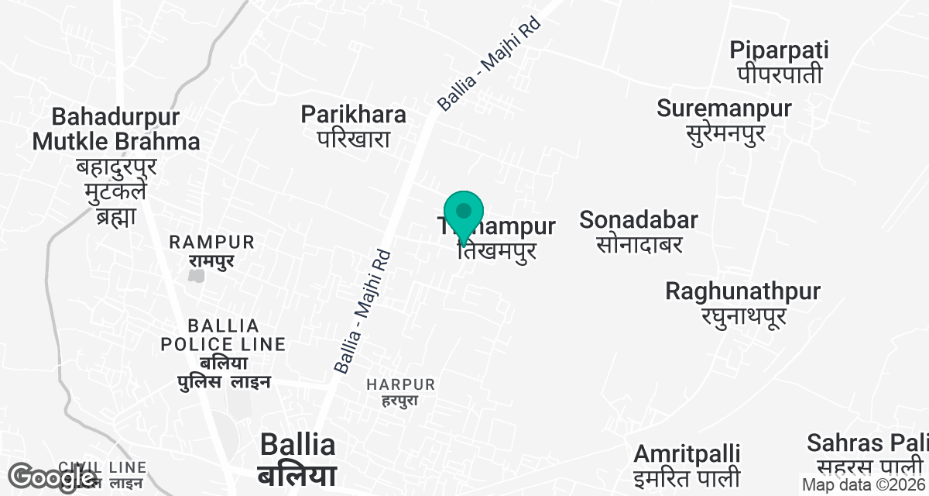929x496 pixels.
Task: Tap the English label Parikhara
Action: point(353,115)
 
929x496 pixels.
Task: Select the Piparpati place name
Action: point(779,50)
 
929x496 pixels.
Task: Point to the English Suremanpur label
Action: point(724,108)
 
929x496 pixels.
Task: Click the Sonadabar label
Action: point(639,220)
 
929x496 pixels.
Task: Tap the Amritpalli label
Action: point(687,453)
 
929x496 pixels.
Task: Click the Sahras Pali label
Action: point(866,443)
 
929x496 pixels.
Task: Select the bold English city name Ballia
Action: point(297,445)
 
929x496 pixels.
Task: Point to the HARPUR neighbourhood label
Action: point(401,384)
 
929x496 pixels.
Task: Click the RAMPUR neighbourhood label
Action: point(212,243)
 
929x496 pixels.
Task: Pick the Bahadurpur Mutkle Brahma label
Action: point(116,129)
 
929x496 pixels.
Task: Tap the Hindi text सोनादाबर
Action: point(639,244)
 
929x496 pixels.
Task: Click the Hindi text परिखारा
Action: point(353,139)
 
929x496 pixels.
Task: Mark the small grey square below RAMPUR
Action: point(197,274)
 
